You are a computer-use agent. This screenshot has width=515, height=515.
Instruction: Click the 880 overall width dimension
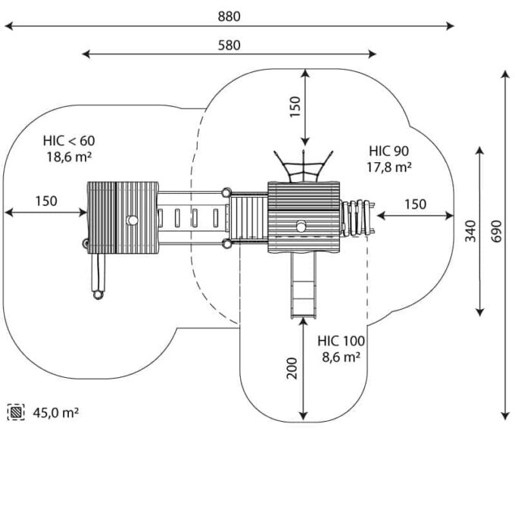click(x=229, y=17)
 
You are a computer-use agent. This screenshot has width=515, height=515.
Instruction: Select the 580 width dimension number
click(x=229, y=45)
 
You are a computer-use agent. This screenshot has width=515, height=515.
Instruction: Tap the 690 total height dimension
click(x=497, y=231)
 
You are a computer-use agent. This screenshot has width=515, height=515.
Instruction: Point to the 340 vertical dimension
click(x=470, y=231)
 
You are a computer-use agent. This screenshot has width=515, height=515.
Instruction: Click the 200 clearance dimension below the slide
click(x=292, y=368)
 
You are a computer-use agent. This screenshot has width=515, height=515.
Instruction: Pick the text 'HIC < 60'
click(x=69, y=141)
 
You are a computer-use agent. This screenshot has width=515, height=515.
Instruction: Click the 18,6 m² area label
click(x=69, y=157)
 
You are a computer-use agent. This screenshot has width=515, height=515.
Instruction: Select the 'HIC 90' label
click(x=389, y=151)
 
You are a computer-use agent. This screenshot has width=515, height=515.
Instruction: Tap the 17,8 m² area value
click(x=389, y=167)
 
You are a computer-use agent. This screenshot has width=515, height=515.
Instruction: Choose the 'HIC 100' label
click(x=341, y=341)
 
